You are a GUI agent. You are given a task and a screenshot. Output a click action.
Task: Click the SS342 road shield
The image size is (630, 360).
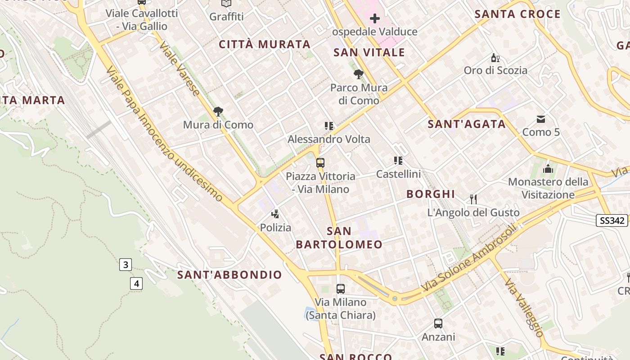[612, 220]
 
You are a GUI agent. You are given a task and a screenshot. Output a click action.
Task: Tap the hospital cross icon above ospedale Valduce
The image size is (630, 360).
[374, 19]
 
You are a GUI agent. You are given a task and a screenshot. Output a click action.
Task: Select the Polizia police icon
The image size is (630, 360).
[275, 215]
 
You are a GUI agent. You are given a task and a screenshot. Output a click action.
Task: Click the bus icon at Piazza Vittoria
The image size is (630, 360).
[320, 163]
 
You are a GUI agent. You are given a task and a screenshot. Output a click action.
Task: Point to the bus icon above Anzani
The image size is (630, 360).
[438, 324]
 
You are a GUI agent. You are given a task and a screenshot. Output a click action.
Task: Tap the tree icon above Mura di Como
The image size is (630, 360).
[218, 112]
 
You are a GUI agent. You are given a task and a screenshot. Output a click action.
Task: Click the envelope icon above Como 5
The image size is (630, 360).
[541, 119]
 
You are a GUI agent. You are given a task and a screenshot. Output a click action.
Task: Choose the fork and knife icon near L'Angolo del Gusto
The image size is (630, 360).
[473, 199]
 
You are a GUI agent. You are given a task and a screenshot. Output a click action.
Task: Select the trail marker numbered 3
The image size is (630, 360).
[126, 265]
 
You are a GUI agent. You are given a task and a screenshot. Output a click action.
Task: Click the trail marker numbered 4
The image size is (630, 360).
[136, 283]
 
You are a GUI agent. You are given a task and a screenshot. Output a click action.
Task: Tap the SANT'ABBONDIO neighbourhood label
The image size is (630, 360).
[229, 274]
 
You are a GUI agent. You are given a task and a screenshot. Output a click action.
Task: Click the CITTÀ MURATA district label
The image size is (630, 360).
[265, 45]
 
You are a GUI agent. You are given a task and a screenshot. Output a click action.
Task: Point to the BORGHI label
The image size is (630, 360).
[431, 194]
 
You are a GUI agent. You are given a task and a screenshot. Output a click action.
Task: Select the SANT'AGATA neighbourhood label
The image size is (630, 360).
[467, 124]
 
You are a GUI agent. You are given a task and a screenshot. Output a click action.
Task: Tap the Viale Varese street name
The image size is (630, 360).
[180, 69]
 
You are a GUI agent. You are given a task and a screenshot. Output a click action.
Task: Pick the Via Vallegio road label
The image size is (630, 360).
[523, 307]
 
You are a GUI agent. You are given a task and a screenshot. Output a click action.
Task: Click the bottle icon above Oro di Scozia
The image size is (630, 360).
[495, 58]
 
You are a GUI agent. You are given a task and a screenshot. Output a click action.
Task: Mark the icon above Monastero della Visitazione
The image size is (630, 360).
[548, 169]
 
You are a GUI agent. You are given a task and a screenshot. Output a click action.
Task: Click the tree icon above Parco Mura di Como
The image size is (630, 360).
[359, 74]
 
